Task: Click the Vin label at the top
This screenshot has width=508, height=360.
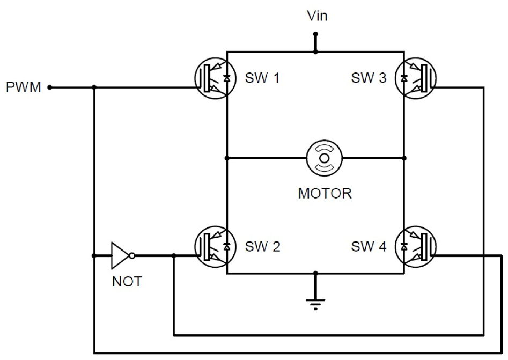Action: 317,16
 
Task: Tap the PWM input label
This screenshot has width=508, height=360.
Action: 24,87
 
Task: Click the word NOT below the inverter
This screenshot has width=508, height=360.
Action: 127,282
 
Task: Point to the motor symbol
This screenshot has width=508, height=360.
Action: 324,158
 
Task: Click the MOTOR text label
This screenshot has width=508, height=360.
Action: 325,194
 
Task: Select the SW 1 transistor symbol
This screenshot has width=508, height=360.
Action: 215,78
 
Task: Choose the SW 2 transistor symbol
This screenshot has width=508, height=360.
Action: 215,247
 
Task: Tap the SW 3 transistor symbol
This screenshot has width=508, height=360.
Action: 416,78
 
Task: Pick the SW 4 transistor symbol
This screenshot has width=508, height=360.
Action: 416,247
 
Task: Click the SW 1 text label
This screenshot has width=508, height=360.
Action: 262,78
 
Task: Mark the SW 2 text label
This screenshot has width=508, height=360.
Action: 262,247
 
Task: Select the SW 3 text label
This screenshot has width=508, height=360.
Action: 369,78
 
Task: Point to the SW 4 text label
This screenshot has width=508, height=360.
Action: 369,247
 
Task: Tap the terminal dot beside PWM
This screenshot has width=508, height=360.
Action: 49,87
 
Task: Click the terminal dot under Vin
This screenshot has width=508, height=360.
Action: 315,34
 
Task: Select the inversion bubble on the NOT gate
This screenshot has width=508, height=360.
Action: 132,256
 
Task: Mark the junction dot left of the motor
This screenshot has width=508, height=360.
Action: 227,158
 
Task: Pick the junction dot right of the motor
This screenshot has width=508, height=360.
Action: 404,158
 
